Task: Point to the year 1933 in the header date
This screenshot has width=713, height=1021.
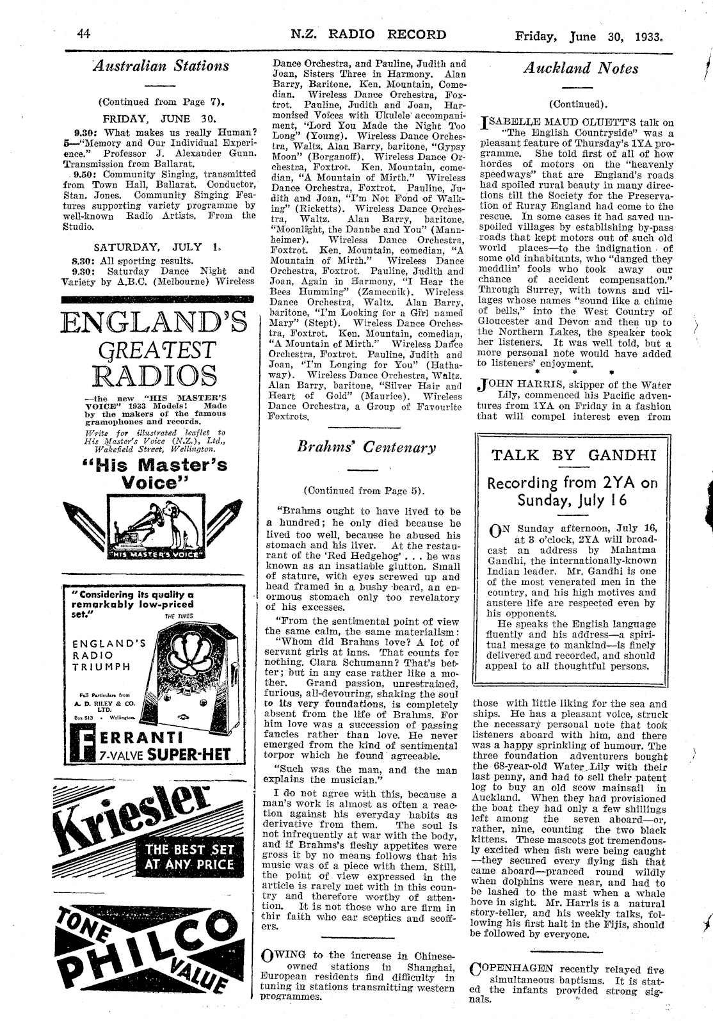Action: tap(648, 36)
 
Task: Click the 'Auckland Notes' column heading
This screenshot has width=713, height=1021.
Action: tap(581, 68)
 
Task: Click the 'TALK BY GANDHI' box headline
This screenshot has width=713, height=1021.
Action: tap(572, 455)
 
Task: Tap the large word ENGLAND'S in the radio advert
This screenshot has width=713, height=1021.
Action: tap(154, 321)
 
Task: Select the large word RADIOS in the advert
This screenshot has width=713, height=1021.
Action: tap(154, 377)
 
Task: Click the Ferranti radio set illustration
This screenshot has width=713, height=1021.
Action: tap(198, 682)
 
